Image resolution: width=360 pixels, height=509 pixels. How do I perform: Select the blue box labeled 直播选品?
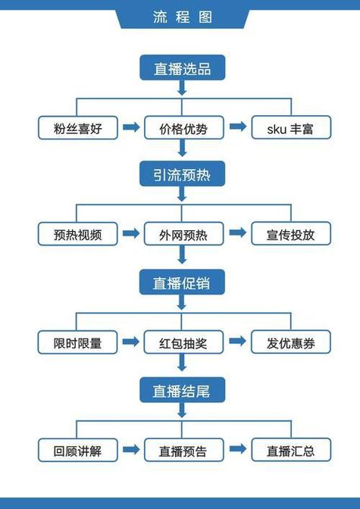tap(181, 68)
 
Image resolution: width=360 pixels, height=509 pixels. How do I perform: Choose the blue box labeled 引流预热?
tap(181, 175)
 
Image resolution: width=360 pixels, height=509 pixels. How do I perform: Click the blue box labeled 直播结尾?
tap(181, 391)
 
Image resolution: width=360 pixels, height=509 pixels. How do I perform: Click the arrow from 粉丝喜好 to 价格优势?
tap(130, 126)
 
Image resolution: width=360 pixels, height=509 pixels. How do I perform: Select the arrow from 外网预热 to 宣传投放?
tap(237, 233)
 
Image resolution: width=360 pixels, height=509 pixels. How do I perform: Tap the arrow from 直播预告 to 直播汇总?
tap(237, 450)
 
